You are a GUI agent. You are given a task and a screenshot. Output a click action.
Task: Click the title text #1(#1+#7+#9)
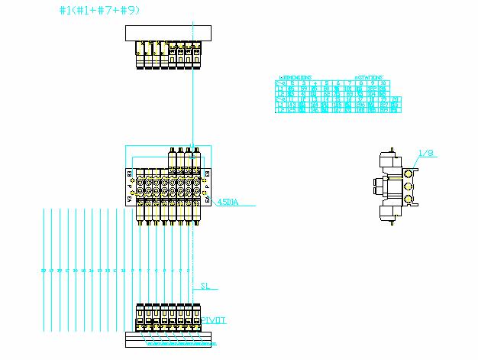[x=99, y=11]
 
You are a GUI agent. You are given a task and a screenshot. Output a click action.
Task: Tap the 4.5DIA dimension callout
[x=228, y=203]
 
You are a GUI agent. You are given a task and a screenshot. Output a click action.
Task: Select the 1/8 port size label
[x=426, y=154]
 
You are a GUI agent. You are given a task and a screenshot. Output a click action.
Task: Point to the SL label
[x=204, y=287]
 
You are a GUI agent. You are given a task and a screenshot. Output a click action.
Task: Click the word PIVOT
[x=214, y=320]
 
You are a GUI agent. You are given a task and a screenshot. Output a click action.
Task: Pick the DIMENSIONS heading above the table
[x=296, y=77]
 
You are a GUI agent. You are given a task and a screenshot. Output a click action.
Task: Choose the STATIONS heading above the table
[x=368, y=77]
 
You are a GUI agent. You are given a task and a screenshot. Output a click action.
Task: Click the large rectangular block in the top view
[x=167, y=33]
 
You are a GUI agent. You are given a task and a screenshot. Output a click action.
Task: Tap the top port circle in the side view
[x=409, y=173]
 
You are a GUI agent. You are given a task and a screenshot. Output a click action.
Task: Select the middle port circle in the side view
[x=409, y=186]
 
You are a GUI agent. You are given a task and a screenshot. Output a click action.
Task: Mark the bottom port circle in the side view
[x=409, y=199]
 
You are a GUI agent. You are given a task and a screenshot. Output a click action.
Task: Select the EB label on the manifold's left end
[x=129, y=174]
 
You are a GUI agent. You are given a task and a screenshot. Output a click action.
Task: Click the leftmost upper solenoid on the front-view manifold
[x=170, y=157]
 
